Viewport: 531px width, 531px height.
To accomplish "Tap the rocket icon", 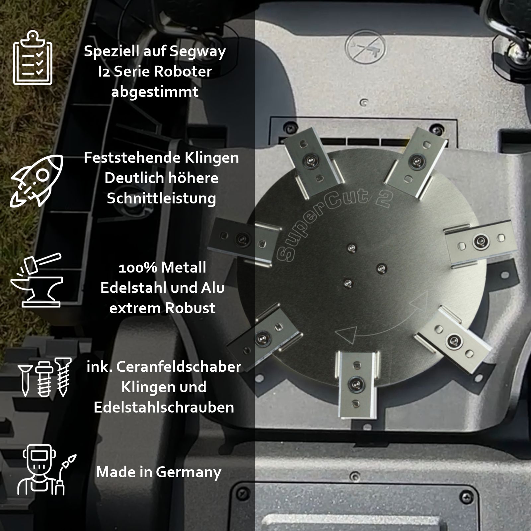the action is pyautogui.click(x=37, y=181).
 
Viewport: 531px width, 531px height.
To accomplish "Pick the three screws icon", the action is pyautogui.click(x=44, y=377).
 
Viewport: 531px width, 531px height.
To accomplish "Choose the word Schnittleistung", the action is pyautogui.click(x=161, y=199).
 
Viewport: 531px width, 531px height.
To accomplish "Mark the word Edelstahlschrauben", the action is pyautogui.click(x=164, y=408).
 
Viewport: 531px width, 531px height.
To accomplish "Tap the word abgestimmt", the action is pyautogui.click(x=155, y=92).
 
